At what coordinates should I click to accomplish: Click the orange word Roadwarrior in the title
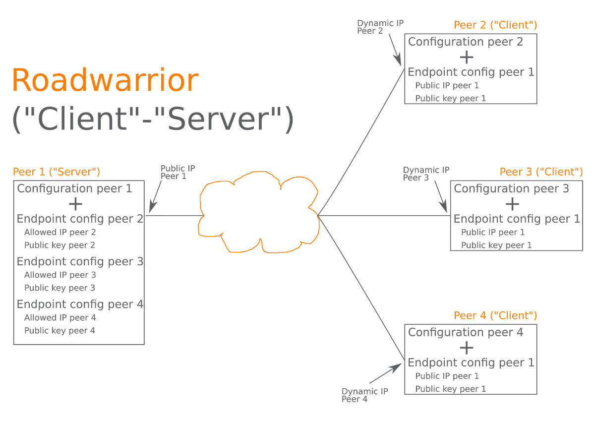(x=105, y=80)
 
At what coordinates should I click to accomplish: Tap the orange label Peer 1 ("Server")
(x=57, y=172)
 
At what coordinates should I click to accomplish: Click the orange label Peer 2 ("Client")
(x=495, y=25)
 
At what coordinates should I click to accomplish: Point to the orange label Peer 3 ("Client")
(x=541, y=172)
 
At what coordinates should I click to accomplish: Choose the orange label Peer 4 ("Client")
(x=495, y=315)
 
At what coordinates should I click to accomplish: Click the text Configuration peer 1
(x=74, y=189)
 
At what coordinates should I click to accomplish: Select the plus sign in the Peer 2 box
(x=467, y=58)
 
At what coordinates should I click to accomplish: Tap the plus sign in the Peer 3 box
(x=513, y=204)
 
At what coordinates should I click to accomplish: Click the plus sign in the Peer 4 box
(x=467, y=348)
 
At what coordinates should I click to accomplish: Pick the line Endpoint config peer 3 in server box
(x=80, y=261)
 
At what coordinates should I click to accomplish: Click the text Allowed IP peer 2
(x=60, y=232)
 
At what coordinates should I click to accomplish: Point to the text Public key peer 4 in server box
(x=59, y=331)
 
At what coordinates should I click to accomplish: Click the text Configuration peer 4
(x=466, y=332)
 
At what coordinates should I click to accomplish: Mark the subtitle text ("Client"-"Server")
(x=153, y=120)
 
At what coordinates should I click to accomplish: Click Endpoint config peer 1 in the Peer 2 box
(x=471, y=72)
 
